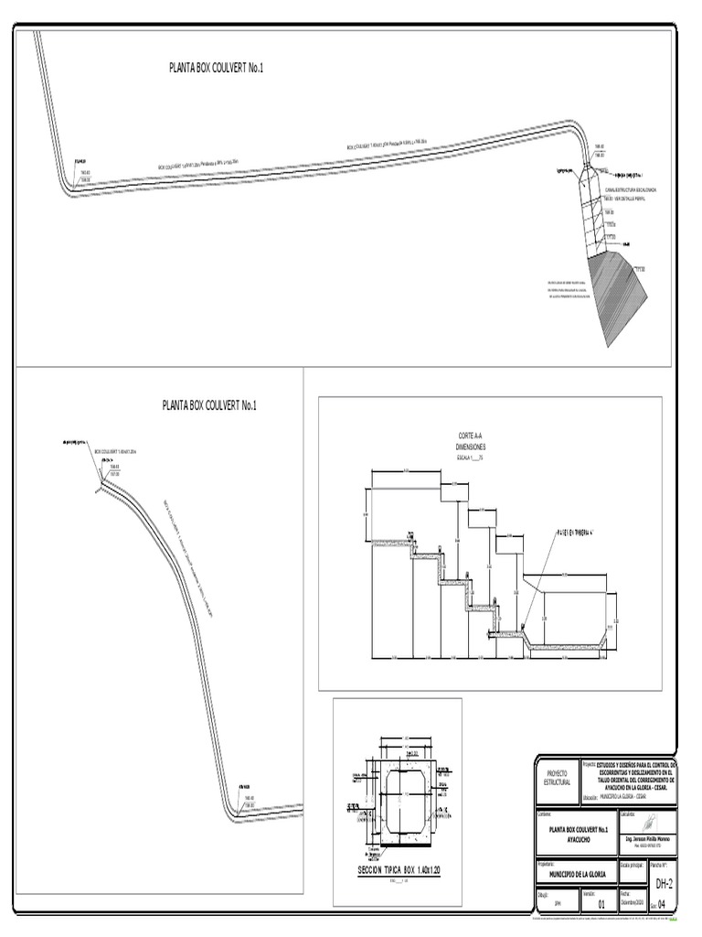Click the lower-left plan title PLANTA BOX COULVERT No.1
tap(209, 404)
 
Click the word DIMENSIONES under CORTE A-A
tap(474, 447)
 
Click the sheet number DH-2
tap(665, 883)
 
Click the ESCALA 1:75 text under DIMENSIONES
tap(471, 457)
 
